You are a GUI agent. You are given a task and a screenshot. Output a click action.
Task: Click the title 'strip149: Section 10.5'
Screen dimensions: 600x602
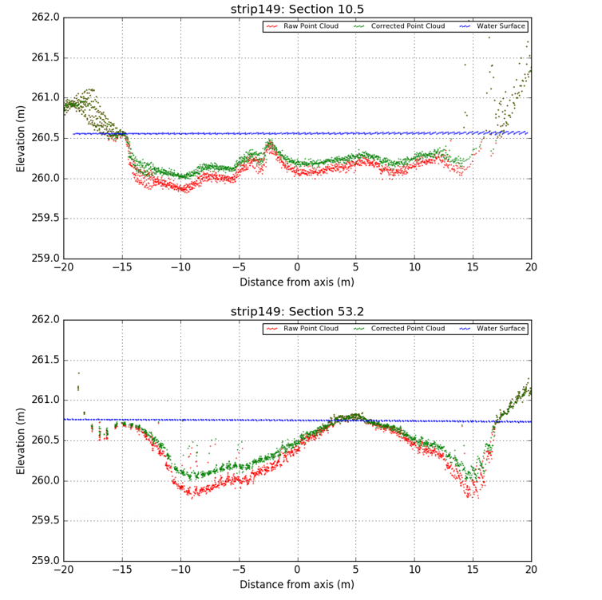point(297,9)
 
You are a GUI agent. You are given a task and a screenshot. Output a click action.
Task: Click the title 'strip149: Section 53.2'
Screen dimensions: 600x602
point(297,311)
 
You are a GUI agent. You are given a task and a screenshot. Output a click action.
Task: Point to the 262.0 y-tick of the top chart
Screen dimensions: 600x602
point(45,18)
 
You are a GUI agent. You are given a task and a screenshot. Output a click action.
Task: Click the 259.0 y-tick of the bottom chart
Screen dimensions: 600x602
point(45,561)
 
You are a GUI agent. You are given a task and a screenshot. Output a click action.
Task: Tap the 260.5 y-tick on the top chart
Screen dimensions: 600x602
point(45,138)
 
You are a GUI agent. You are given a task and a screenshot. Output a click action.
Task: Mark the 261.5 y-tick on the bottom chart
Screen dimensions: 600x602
point(45,360)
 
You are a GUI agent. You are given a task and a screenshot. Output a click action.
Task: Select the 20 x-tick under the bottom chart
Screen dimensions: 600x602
point(531,570)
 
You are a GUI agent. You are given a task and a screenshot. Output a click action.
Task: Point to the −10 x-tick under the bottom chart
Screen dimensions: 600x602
point(180,570)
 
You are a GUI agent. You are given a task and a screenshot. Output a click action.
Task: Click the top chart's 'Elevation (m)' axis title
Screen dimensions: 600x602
point(22,138)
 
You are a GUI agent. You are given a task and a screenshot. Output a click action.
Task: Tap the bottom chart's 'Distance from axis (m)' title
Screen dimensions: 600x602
point(297,585)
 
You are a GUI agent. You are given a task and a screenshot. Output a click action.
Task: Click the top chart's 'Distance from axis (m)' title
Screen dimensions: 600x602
point(297,282)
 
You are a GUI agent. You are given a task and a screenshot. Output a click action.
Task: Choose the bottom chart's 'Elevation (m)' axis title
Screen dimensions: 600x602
point(22,440)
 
